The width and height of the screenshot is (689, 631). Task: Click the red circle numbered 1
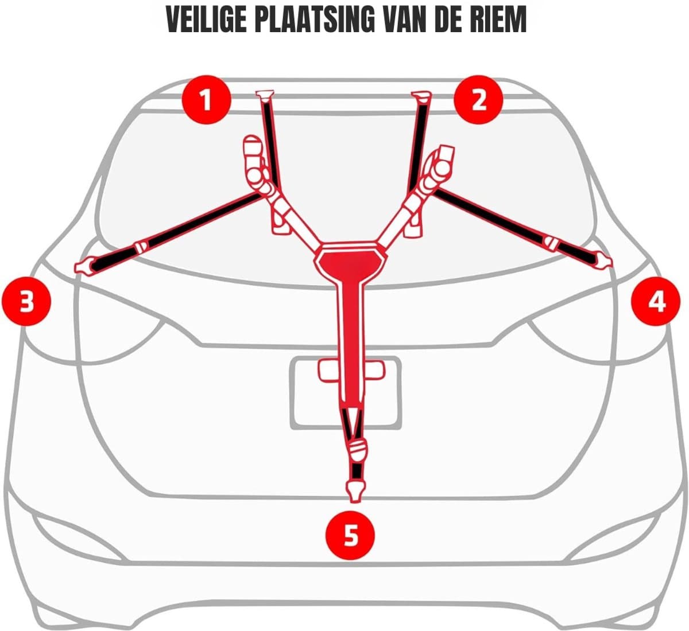click(207, 100)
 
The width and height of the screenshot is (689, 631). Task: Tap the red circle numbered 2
click(478, 100)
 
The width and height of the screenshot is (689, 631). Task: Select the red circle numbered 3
click(26, 301)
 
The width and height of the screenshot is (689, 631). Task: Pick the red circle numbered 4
click(656, 301)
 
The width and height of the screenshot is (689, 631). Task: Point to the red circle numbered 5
click(351, 535)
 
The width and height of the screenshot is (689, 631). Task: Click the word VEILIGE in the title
click(207, 20)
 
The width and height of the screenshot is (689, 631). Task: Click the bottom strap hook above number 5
click(355, 492)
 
